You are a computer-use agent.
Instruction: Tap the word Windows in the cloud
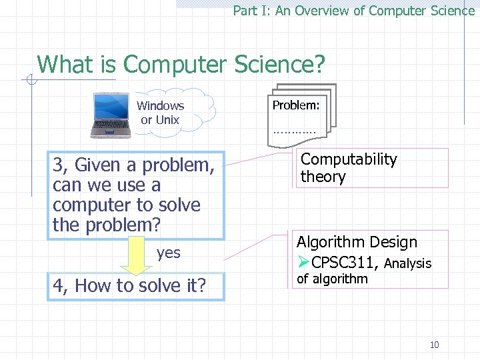160,106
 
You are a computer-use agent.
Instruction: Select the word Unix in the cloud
168,120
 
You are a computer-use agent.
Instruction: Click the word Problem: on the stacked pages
295,105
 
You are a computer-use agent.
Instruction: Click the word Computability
348,159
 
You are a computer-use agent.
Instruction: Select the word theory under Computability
323,177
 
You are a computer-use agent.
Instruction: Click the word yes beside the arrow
169,253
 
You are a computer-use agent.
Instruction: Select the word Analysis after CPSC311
407,263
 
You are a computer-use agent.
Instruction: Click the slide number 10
434,345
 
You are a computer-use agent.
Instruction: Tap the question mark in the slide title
319,65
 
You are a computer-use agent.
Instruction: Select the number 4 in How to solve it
58,286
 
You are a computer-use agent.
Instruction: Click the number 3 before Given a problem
58,165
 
